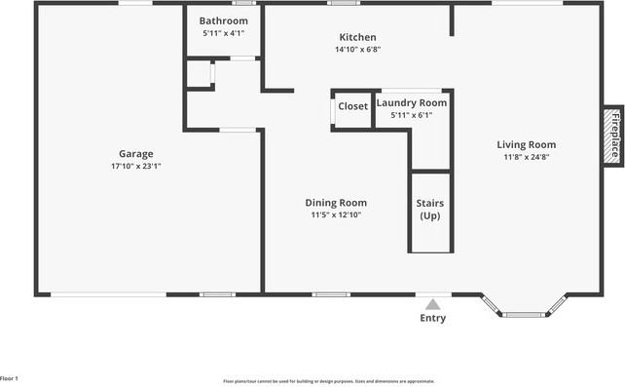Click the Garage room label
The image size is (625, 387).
coord(136,153)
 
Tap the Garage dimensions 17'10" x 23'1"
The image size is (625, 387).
coord(136,166)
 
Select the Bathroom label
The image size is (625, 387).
coord(223,20)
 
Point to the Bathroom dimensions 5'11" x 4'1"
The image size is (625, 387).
coord(223,33)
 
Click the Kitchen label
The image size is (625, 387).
coord(355,37)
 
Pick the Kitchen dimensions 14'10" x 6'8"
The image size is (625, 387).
coord(356,50)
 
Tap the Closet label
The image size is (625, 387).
coord(352,105)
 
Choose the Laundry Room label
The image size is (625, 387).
coord(412,102)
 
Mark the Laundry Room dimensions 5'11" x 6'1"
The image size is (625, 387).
coord(412,115)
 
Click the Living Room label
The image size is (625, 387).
coord(530,144)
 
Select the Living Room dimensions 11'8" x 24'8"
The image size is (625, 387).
coord(530,157)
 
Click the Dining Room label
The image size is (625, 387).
coord(336,203)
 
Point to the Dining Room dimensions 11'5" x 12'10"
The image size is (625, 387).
coord(336,215)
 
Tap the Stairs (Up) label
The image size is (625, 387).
coord(429,209)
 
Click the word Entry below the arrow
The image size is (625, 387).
coord(433,319)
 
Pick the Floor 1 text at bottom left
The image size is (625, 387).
coord(10,378)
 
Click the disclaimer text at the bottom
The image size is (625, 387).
coord(329,381)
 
